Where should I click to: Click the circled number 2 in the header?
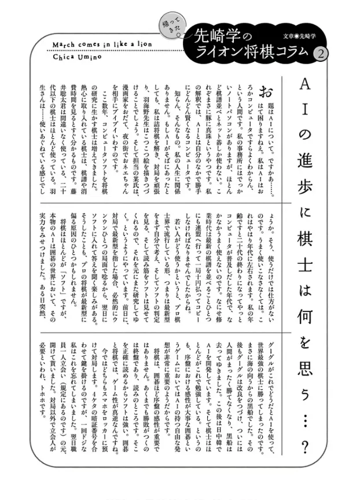coord(318,52)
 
